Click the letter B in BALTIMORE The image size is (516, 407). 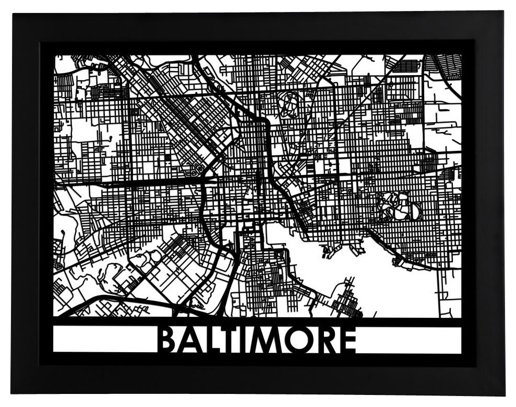pos(167,340)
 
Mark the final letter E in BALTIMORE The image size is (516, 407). pos(346,340)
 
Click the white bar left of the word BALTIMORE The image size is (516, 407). pos(104,340)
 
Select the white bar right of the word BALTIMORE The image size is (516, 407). pos(410,340)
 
